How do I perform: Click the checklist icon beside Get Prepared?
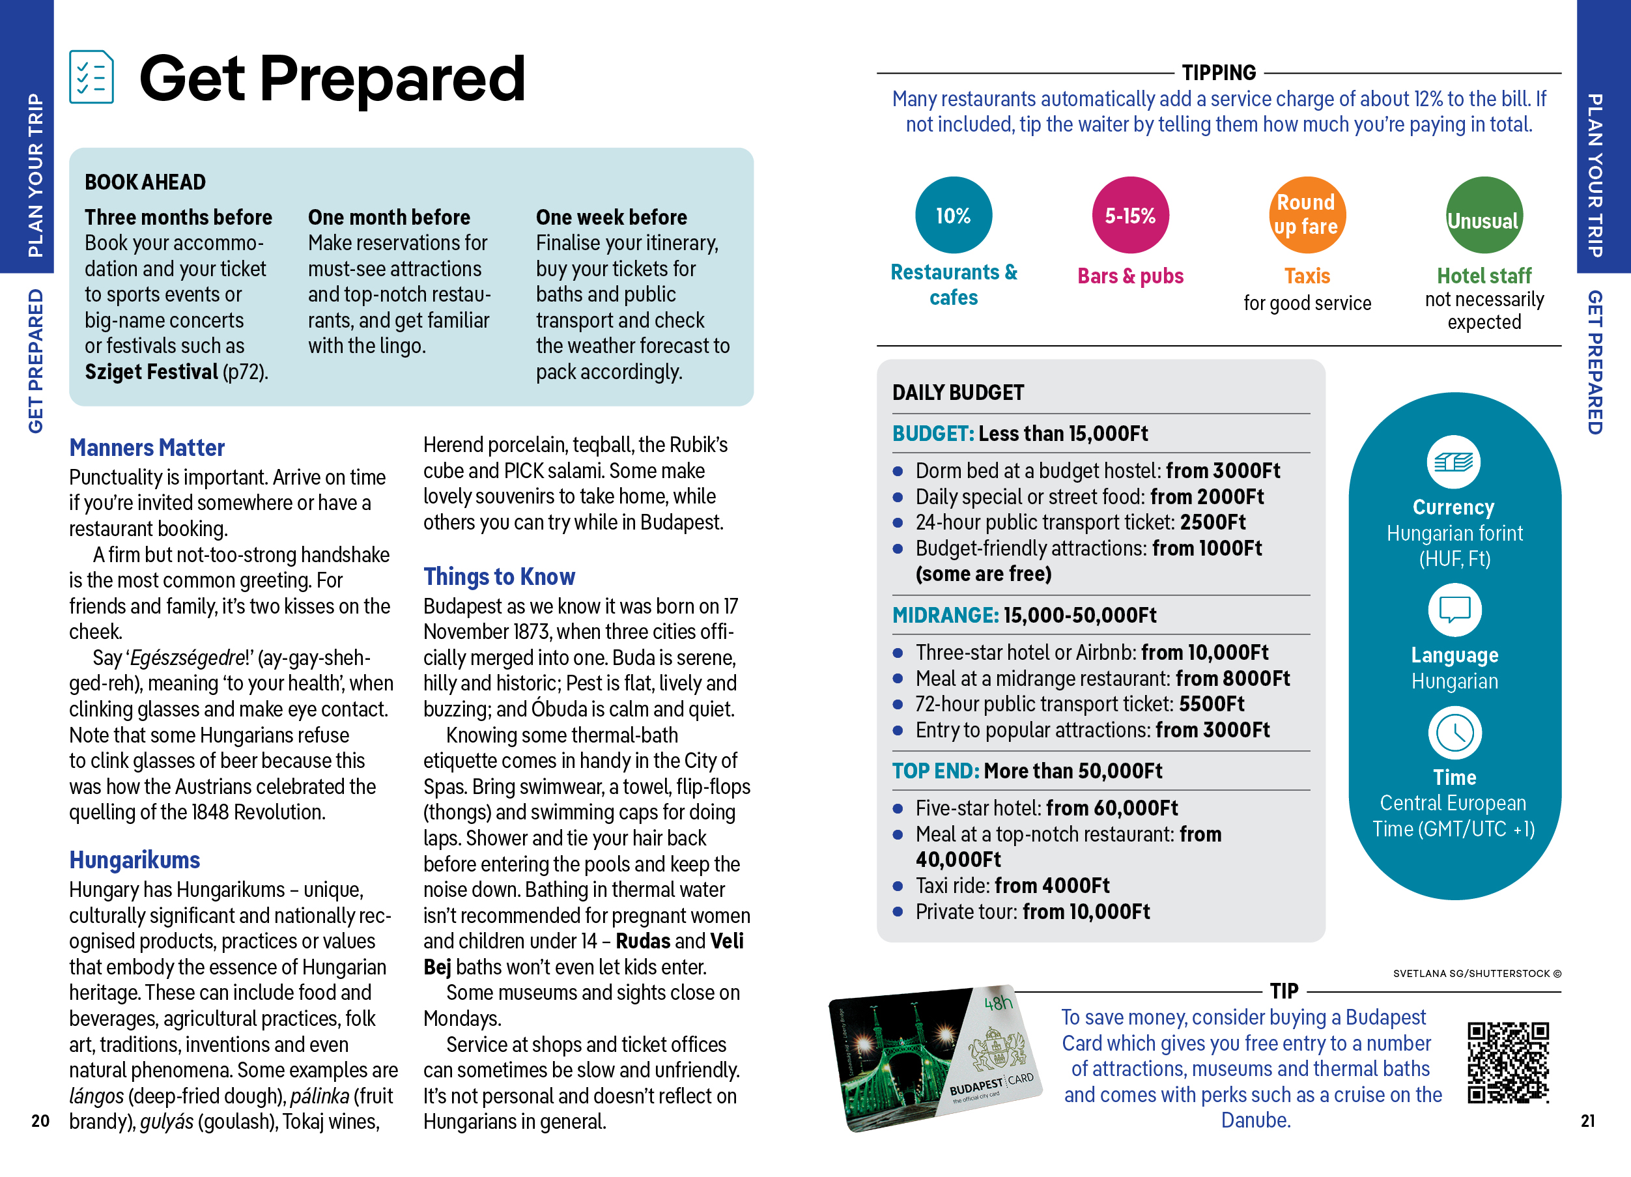pyautogui.click(x=91, y=76)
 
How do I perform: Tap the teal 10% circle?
pyautogui.click(x=953, y=215)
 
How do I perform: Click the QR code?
pyautogui.click(x=1507, y=1062)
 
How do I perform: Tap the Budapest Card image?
pyautogui.click(x=935, y=1058)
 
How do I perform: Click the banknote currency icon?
pyautogui.click(x=1453, y=462)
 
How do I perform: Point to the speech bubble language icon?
pyautogui.click(x=1454, y=610)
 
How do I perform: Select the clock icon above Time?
pyautogui.click(x=1454, y=733)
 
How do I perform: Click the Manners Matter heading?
pyautogui.click(x=147, y=448)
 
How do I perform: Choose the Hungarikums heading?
pyautogui.click(x=134, y=860)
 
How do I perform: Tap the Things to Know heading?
pyautogui.click(x=499, y=576)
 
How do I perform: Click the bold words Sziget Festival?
pyautogui.click(x=151, y=372)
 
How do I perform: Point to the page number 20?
pyautogui.click(x=40, y=1120)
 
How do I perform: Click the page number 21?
pyautogui.click(x=1588, y=1120)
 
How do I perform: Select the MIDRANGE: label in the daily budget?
pyautogui.click(x=945, y=616)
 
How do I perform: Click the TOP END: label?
pyautogui.click(x=935, y=771)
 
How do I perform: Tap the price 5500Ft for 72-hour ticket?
pyautogui.click(x=1212, y=704)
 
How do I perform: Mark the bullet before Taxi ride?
pyautogui.click(x=898, y=886)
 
